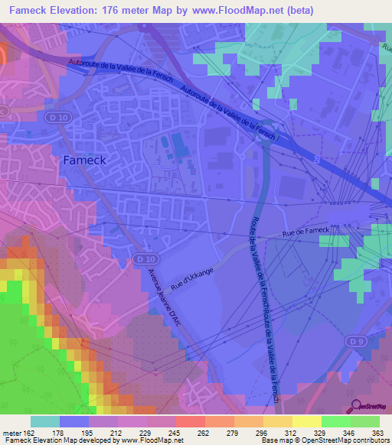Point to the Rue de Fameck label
tap(305, 231)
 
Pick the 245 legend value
tap(175, 432)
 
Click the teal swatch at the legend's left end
tap(45, 421)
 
